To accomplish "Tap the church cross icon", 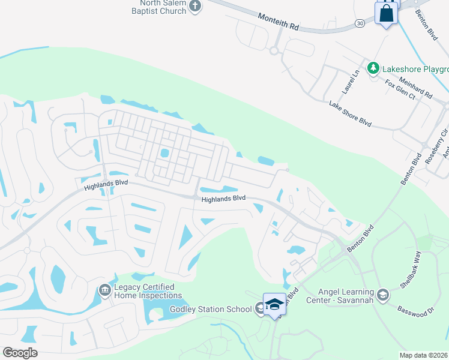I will click(x=194, y=6).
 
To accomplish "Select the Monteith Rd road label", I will click(x=278, y=23).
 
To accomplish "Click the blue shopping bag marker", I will click(x=386, y=13).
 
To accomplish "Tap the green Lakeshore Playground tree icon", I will click(x=373, y=68).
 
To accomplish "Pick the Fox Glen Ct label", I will click(x=400, y=89).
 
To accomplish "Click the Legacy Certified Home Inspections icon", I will click(x=104, y=290).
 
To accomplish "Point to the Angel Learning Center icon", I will click(x=384, y=295).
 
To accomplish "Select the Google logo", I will click(x=20, y=353).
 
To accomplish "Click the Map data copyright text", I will click(x=424, y=355).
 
